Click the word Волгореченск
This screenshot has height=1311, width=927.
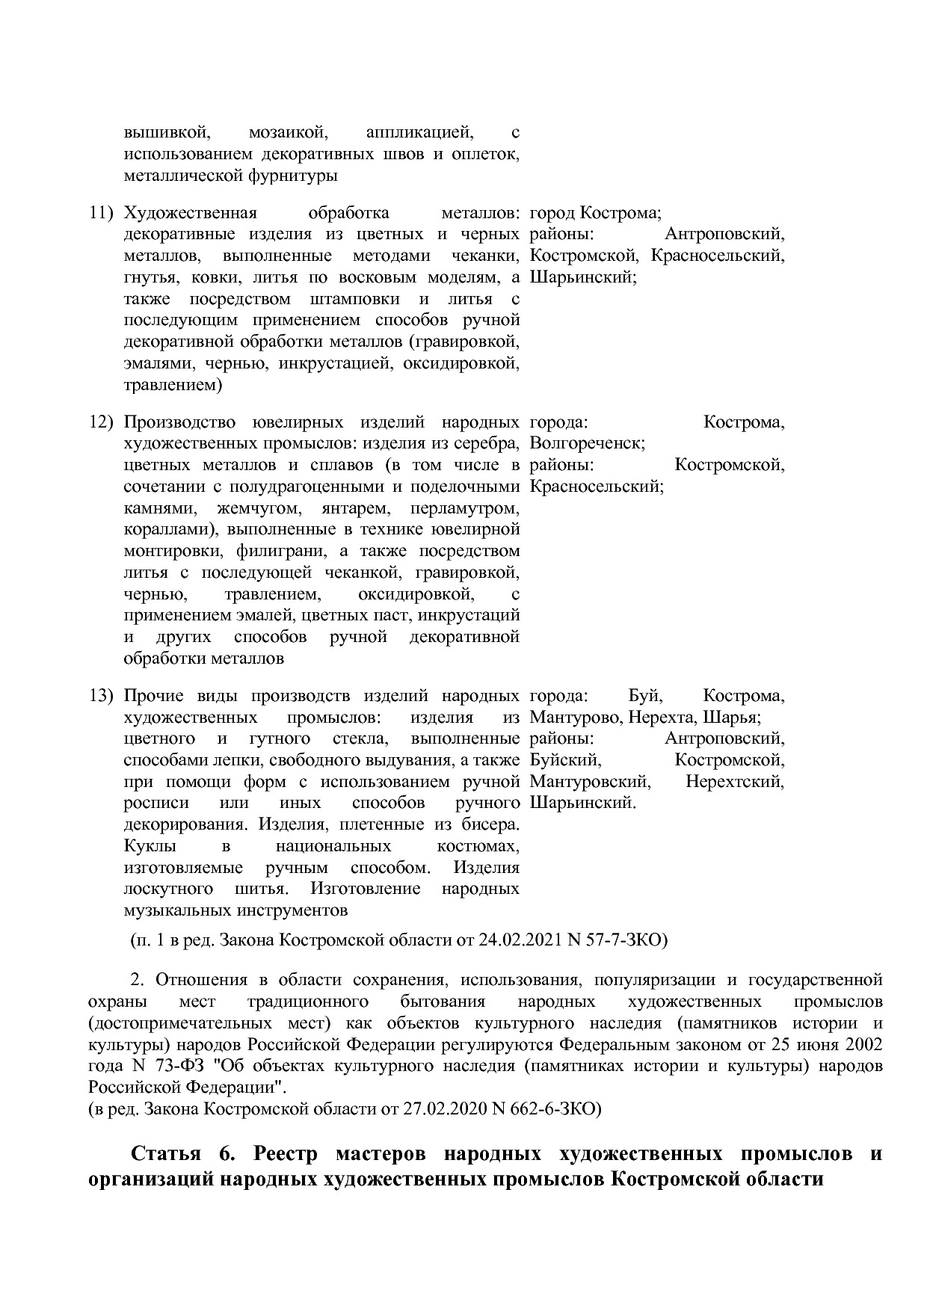[x=586, y=444]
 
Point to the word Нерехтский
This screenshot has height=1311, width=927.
[x=735, y=783]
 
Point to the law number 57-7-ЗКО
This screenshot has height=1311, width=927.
[x=627, y=940]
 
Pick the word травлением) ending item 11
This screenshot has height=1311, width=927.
[x=173, y=386]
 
